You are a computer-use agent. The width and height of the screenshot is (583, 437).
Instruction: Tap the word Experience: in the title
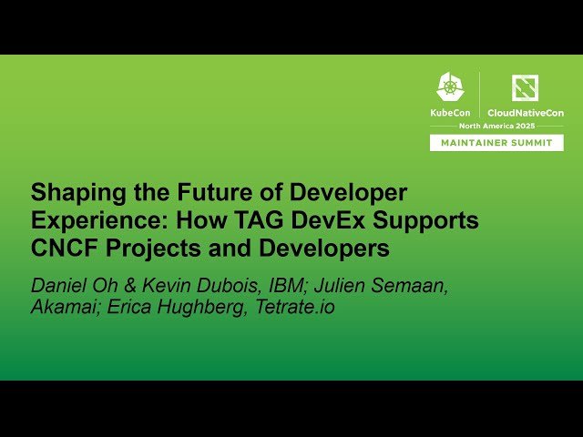pyautogui.click(x=87, y=221)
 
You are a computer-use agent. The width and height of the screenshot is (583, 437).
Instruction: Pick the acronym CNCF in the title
pyautogui.click(x=60, y=249)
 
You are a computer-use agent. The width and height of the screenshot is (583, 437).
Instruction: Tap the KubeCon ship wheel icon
pyautogui.click(x=450, y=87)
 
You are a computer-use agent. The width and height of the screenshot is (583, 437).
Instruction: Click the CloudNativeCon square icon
pyautogui.click(x=525, y=87)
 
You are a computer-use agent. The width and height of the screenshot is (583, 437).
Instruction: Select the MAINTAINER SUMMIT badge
pyautogui.click(x=497, y=143)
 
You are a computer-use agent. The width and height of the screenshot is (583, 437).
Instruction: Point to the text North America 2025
pyautogui.click(x=497, y=126)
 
